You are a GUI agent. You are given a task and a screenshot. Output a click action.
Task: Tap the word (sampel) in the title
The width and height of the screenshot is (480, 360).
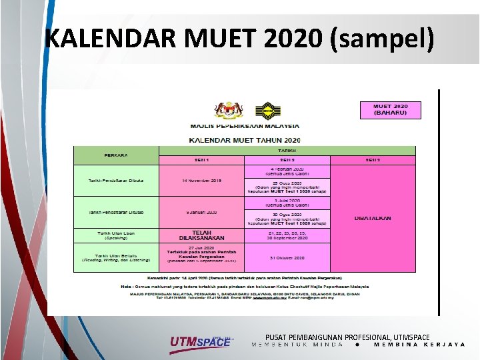click(381, 39)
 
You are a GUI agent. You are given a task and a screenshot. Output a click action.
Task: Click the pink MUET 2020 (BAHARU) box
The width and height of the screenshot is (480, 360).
click(391, 109)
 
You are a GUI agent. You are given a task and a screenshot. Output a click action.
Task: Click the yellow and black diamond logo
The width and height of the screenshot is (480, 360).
click(267, 111)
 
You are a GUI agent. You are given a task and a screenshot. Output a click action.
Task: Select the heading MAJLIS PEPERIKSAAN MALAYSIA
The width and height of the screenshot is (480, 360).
click(245, 125)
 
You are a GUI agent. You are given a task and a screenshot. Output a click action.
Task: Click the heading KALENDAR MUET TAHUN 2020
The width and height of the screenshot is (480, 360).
click(245, 139)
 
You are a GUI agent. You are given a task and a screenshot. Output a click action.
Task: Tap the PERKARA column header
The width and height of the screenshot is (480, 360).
click(116, 155)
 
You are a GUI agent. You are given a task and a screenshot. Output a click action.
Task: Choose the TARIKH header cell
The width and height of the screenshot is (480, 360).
click(287, 151)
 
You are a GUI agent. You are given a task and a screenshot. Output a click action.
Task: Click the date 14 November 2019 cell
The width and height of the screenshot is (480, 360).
click(201, 181)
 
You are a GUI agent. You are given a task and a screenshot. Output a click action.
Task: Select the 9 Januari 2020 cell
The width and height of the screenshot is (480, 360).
click(201, 212)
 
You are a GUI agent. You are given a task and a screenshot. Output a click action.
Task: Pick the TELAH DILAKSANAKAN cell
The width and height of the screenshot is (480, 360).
click(201, 235)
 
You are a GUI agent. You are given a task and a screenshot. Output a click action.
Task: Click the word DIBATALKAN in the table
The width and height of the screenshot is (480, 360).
click(373, 218)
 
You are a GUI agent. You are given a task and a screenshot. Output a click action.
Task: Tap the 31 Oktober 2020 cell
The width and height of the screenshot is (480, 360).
click(287, 257)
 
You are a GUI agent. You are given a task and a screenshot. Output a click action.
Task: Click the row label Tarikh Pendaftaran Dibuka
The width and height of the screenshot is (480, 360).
click(116, 181)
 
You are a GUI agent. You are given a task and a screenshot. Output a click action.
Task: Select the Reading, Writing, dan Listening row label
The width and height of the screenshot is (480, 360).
click(116, 257)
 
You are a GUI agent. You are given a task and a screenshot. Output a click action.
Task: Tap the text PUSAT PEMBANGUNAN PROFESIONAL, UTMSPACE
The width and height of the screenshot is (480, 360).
click(347, 338)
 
